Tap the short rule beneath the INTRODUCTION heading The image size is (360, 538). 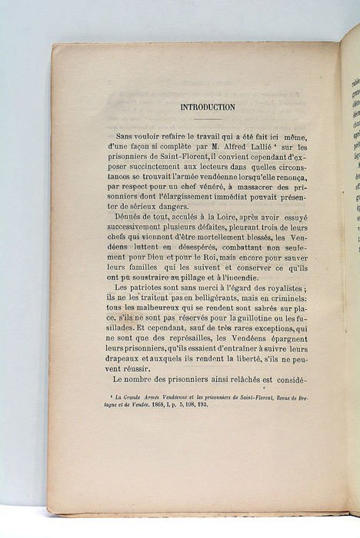pos(207,119)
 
